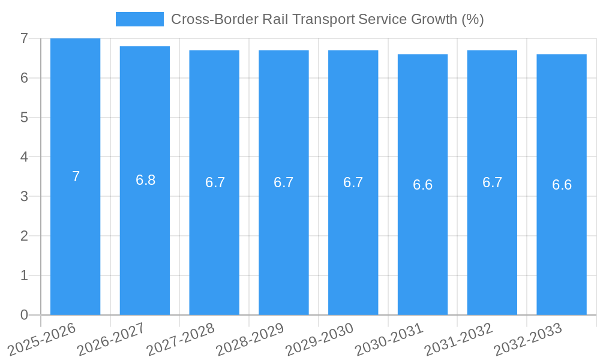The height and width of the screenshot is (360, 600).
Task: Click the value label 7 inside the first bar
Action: tap(76, 176)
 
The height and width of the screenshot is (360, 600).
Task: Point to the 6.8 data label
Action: tap(145, 180)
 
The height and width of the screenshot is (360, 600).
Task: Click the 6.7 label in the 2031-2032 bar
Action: tap(492, 182)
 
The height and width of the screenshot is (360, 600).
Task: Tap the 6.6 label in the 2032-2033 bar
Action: tap(562, 185)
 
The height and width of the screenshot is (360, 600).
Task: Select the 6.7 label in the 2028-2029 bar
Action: tap(283, 182)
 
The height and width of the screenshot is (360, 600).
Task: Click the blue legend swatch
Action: tap(139, 19)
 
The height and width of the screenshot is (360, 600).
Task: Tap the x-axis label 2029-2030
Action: tap(320, 339)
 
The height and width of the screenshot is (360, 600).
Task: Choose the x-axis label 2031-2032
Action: tap(459, 339)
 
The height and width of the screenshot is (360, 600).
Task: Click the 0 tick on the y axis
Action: tap(24, 315)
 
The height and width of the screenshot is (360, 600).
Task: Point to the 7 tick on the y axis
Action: tap(24, 38)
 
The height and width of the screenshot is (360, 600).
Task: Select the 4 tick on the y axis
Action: tap(24, 157)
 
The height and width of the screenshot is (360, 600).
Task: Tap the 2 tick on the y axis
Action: tap(24, 236)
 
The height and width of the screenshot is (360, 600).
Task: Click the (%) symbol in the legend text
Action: tap(472, 19)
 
